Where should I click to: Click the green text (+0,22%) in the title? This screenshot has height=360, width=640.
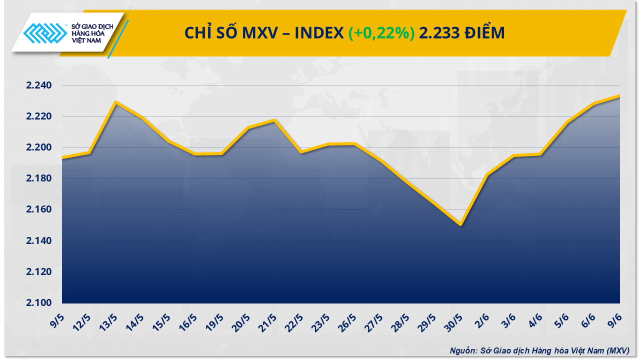(x=381, y=33)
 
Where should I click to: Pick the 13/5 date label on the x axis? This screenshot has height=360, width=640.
(x=109, y=319)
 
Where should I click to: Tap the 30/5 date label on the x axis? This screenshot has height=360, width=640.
(x=455, y=319)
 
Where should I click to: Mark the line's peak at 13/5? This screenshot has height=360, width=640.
(x=115, y=102)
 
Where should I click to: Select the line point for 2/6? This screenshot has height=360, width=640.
(x=487, y=174)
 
